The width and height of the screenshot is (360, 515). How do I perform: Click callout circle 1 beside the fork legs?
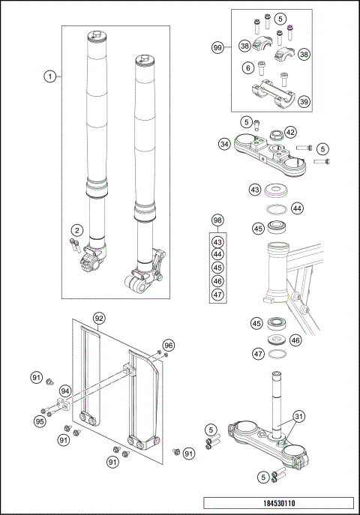pos(49,76)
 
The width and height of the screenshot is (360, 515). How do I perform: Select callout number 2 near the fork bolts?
pos(76,229)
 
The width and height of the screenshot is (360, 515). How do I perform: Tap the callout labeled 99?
pos(218,47)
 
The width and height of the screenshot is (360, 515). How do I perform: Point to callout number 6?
pos(247,67)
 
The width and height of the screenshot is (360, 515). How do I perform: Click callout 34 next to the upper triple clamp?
pos(223,143)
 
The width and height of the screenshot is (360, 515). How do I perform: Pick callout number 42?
pos(290,132)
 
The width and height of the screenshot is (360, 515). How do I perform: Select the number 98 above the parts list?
pos(218,220)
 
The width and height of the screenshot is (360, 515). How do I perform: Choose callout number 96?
pos(168,345)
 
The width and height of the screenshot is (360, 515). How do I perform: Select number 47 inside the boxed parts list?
pos(218,294)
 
